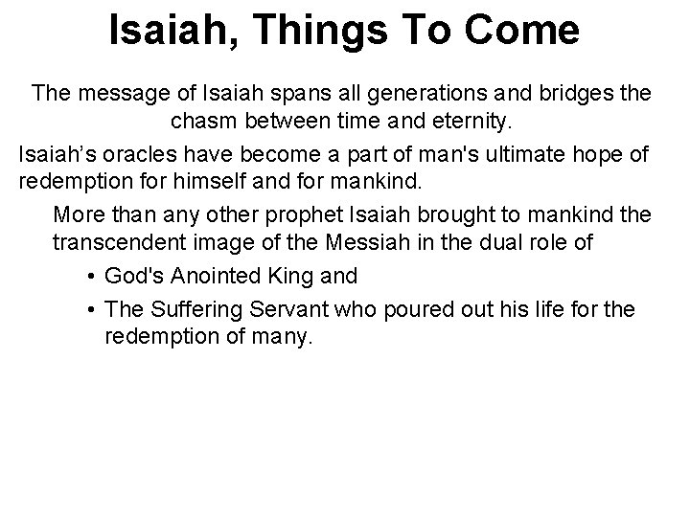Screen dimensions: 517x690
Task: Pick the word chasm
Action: point(202,123)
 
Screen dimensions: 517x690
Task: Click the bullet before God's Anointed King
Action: point(88,277)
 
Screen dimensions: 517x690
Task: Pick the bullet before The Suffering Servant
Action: point(88,309)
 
